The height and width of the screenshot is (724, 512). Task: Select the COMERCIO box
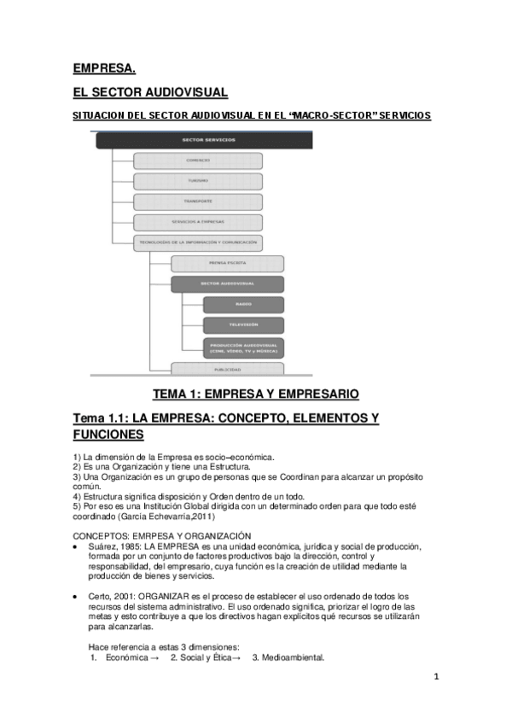click(197, 161)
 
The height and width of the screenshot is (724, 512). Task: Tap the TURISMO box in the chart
click(197, 181)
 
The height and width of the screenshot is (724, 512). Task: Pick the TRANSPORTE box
click(197, 201)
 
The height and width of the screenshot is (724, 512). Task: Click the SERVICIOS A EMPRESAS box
click(197, 222)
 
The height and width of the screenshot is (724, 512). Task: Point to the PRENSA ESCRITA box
click(226, 264)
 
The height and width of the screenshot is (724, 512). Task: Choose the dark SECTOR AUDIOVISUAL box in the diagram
click(226, 284)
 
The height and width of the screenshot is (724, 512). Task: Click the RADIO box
click(243, 305)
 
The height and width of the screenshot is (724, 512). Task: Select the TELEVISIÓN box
click(243, 325)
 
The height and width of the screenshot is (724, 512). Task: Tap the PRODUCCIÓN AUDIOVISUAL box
click(243, 347)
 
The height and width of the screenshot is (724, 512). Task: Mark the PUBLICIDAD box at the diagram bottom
click(226, 369)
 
